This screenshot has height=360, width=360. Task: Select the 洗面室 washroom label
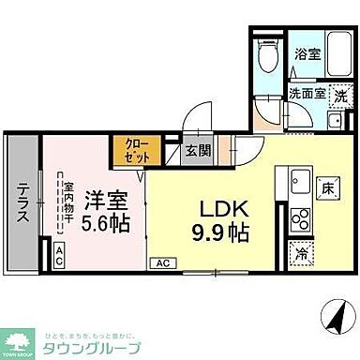click(305, 95)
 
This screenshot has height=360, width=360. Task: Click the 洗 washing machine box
click(340, 95)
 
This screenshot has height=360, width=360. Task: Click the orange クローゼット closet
click(127, 150)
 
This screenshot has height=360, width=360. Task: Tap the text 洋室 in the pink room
click(106, 201)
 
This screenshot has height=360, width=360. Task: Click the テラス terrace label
click(22, 201)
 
